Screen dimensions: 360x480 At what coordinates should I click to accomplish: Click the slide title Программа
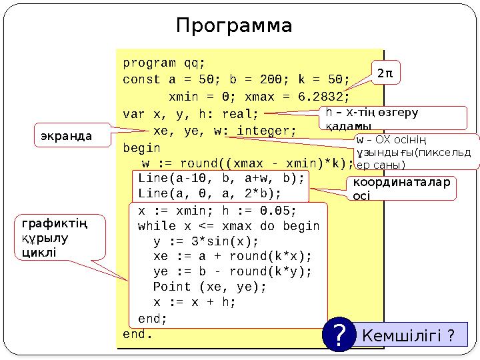[234, 26]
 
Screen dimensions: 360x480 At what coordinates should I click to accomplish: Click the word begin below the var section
[142, 147]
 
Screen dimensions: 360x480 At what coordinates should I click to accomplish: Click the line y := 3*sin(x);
[205, 241]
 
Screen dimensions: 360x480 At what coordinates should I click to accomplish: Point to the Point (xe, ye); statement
[209, 287]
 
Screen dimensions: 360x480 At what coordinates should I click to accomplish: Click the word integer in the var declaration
[262, 131]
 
